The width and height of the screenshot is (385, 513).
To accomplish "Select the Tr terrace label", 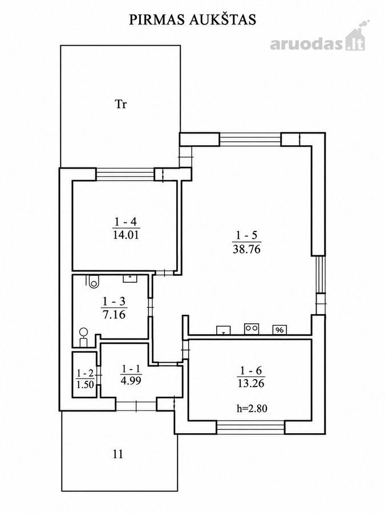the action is coord(120,104).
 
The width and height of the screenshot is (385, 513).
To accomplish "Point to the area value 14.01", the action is coord(126,235).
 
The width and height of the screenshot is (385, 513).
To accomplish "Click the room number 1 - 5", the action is coord(246,235).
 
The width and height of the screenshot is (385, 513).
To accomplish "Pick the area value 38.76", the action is coord(246,249).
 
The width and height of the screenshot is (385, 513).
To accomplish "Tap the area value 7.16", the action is coord(114,315).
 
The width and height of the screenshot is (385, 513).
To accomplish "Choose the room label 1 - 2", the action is coord(85,373).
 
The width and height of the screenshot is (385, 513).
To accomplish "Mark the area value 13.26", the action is coord(251,383).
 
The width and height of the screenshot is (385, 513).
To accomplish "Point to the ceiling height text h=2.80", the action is coord(252,408).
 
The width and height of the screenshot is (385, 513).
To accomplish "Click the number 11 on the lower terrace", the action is coord(118,454).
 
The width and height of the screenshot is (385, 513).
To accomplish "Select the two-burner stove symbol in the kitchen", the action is coord(252,329).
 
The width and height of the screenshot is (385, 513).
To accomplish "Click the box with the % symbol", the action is coord(279,330).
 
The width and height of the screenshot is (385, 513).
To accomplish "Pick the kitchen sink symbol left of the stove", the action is coord(223,330).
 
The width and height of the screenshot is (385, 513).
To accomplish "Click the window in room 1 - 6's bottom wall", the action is coord(251,427).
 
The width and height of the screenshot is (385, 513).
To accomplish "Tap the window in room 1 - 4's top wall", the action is coord(125,174).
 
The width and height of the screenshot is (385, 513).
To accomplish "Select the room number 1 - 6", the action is coord(251,370).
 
